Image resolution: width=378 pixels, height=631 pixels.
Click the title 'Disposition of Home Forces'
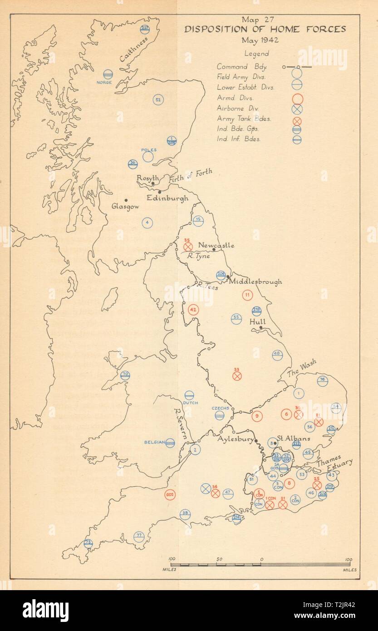(265, 30)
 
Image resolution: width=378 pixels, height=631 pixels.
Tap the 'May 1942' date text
(265, 39)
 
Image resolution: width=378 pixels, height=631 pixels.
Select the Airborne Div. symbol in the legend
(298, 109)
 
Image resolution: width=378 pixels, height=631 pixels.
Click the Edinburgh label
(167, 198)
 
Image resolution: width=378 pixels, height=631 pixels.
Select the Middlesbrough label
(255, 281)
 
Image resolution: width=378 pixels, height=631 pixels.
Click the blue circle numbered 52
(158, 100)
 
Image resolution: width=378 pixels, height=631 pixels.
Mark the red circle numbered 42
(193, 310)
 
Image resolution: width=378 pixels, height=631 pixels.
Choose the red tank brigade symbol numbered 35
(188, 246)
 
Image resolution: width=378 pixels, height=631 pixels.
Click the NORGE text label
(103, 82)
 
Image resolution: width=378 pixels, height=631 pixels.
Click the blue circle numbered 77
(139, 537)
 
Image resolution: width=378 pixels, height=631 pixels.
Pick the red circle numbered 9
(257, 415)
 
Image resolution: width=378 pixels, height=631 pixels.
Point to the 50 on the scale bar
(219, 559)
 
